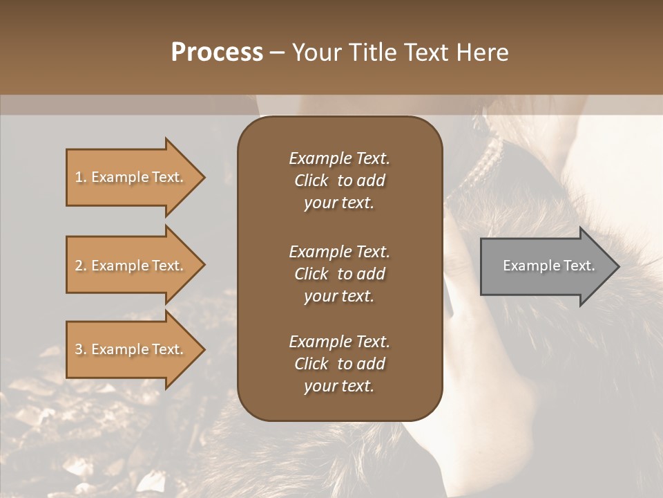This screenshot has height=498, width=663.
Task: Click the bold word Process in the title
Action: [217, 53]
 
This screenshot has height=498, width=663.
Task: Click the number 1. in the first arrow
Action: [80, 177]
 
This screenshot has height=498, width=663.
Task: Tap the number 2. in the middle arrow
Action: [80, 266]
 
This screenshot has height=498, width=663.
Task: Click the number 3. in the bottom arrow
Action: [80, 349]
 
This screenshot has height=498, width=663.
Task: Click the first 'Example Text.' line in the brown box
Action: [339, 158]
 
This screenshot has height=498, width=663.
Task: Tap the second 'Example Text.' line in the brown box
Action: [339, 252]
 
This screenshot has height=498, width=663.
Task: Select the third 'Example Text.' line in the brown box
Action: [339, 342]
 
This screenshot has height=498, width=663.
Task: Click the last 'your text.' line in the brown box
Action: [339, 386]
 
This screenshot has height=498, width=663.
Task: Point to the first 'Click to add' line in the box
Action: [339, 181]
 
